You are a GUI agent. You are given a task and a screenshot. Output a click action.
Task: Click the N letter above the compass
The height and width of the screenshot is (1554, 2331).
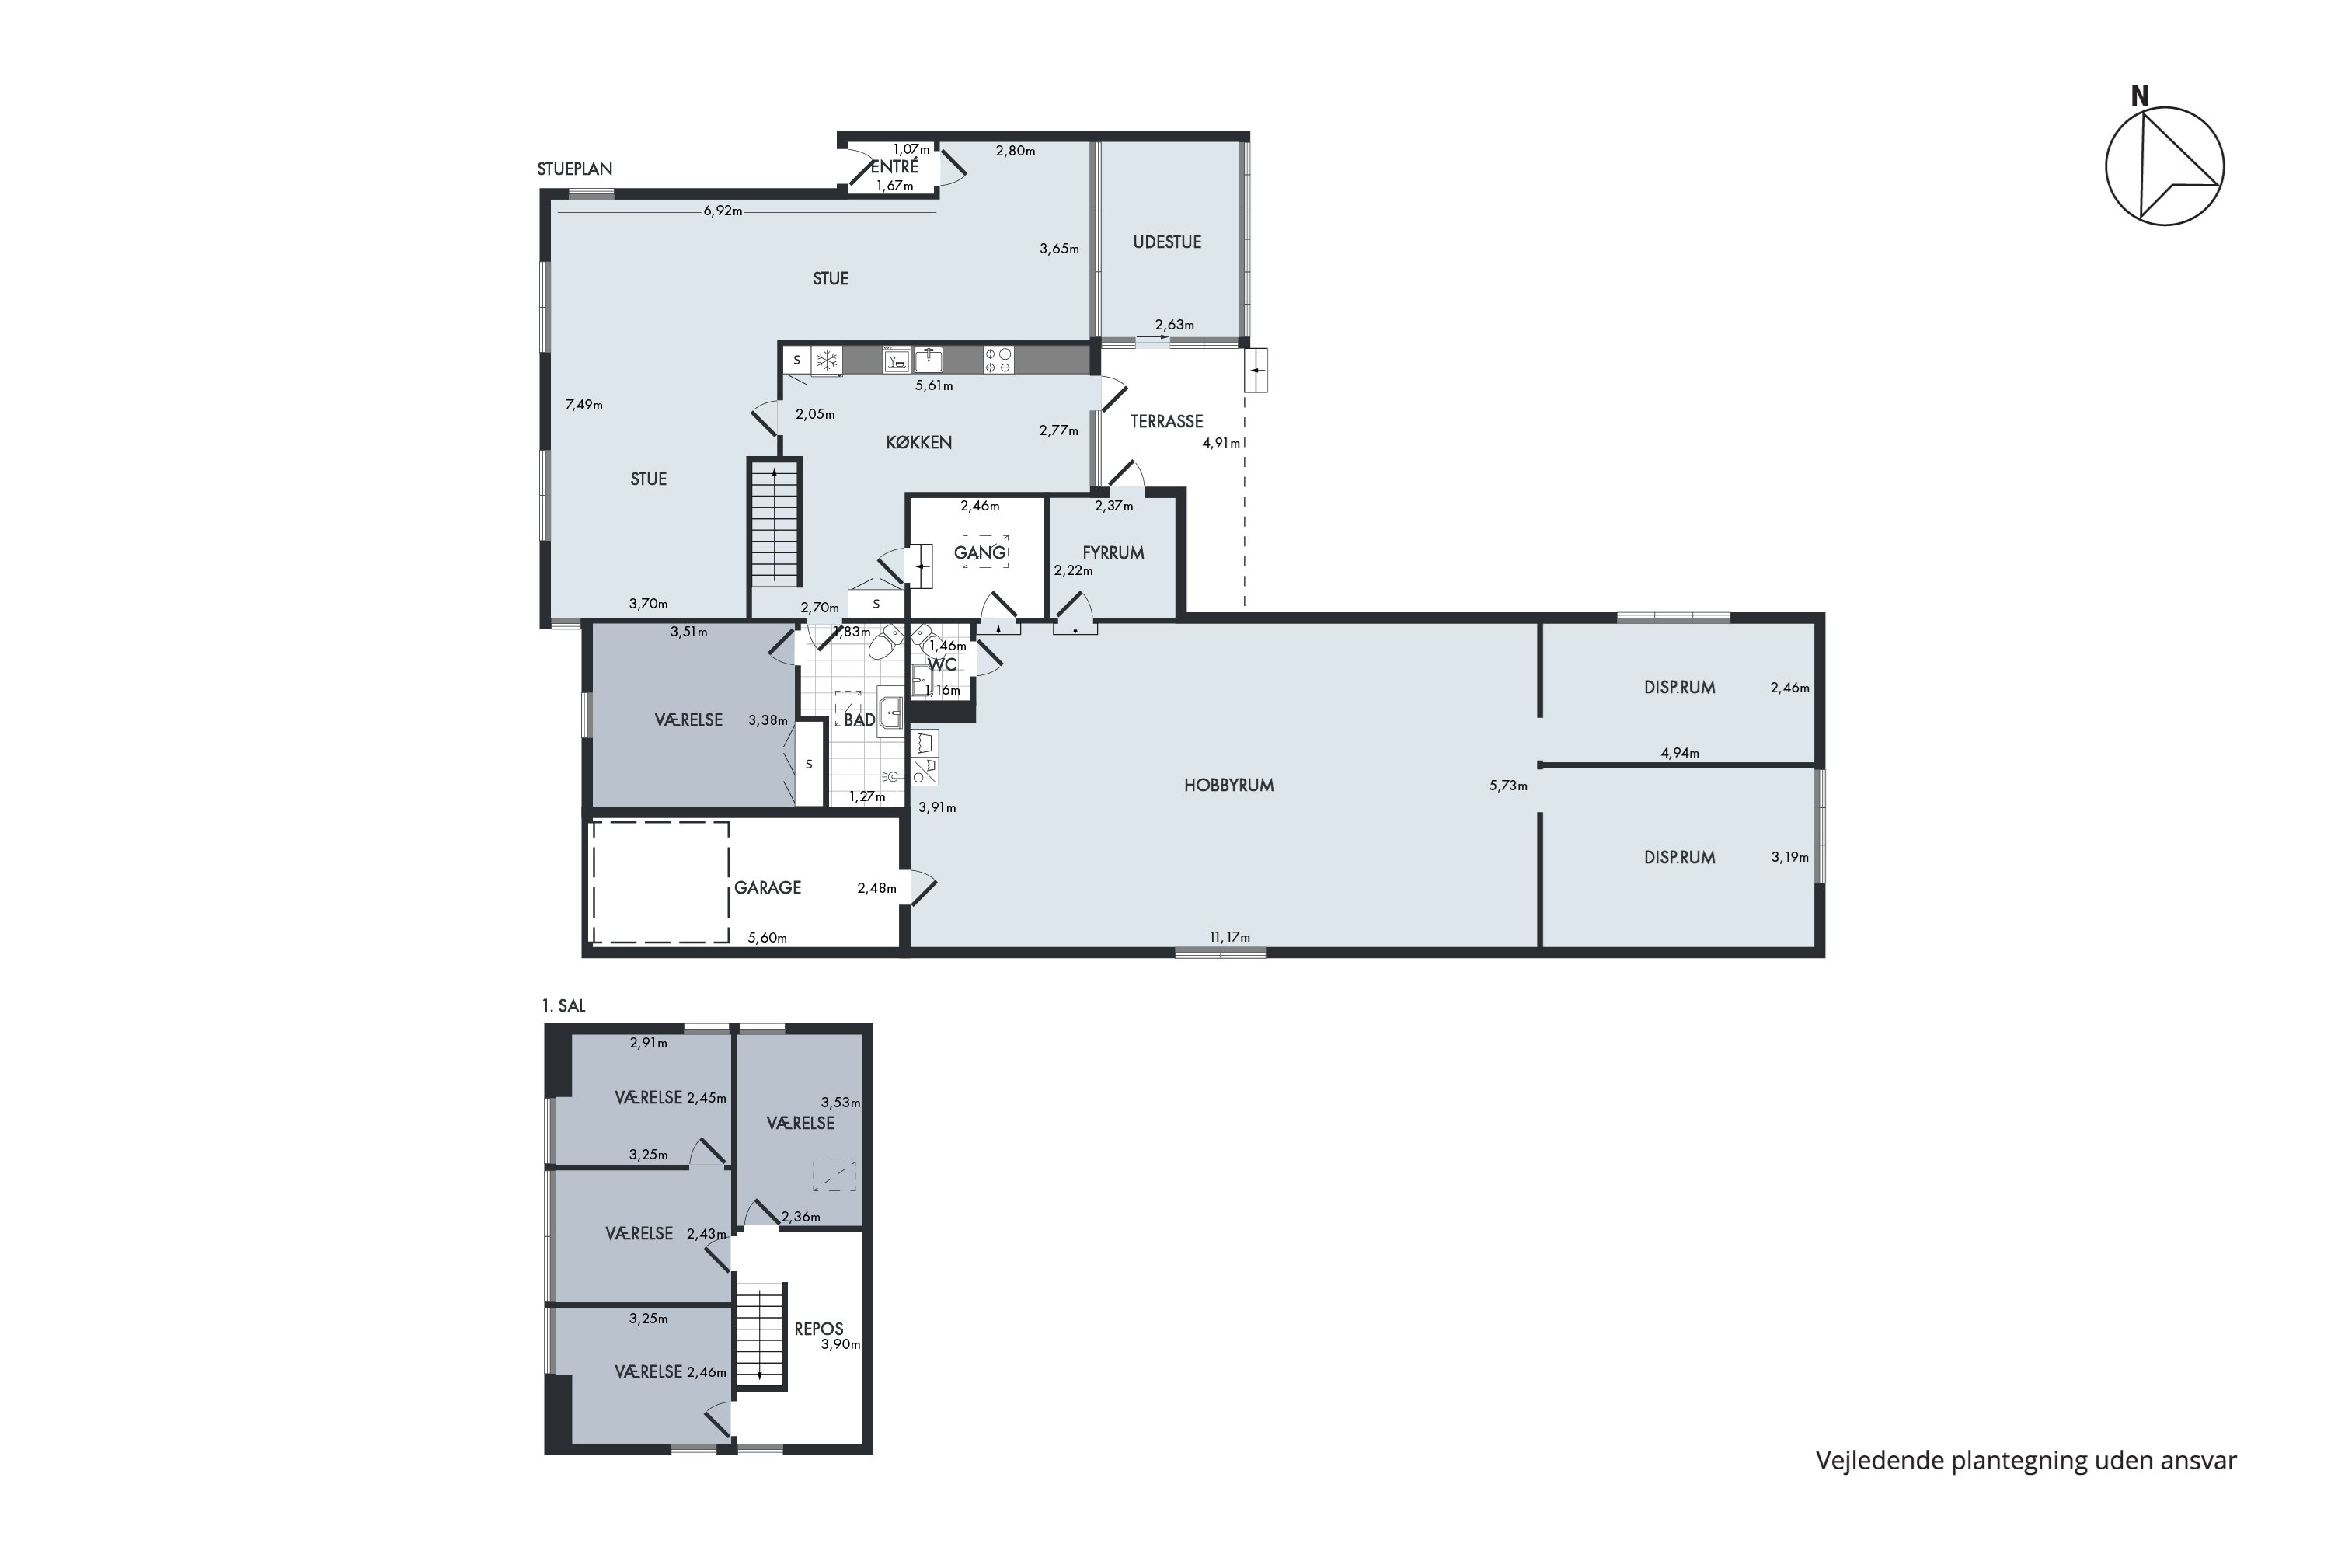pyautogui.click(x=2140, y=96)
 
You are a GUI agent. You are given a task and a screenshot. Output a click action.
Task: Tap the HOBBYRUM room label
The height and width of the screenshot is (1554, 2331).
pyautogui.click(x=1229, y=786)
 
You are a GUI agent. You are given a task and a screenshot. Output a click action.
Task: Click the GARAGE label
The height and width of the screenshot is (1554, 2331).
pyautogui.click(x=767, y=888)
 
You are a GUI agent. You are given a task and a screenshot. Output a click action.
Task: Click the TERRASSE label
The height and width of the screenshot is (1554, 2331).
pyautogui.click(x=1166, y=421)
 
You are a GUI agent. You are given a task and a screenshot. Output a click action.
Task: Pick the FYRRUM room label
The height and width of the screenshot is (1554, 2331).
pyautogui.click(x=1113, y=553)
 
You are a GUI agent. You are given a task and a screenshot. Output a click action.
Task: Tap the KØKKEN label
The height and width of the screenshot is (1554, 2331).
pyautogui.click(x=918, y=443)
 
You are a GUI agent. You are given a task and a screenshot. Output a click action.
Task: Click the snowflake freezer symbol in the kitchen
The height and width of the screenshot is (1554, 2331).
pyautogui.click(x=827, y=360)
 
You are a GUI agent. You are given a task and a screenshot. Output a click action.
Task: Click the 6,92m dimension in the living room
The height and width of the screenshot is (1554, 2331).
pyautogui.click(x=723, y=211)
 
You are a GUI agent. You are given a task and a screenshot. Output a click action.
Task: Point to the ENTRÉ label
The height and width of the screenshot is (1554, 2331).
pyautogui.click(x=895, y=166)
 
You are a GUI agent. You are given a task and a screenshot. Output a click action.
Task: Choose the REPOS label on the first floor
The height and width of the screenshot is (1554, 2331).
pyautogui.click(x=819, y=1329)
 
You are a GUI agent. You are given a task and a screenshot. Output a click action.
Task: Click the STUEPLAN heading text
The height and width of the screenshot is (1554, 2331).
pyautogui.click(x=575, y=169)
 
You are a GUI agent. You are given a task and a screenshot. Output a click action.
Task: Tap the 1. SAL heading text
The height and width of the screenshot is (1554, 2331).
pyautogui.click(x=564, y=1006)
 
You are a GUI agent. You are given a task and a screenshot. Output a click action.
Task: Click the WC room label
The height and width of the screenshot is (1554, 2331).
pyautogui.click(x=942, y=664)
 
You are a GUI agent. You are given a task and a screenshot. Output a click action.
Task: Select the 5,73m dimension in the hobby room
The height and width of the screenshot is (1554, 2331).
pyautogui.click(x=1508, y=786)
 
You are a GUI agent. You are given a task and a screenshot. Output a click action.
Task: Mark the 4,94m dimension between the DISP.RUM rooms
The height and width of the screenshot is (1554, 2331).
pyautogui.click(x=1680, y=753)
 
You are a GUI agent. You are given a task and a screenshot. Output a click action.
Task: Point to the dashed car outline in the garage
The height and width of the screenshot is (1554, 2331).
pyautogui.click(x=661, y=882)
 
